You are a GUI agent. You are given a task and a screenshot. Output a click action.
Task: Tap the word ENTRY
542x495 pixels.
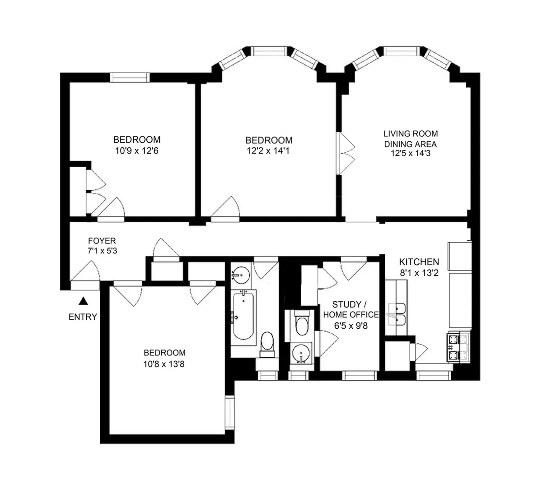coord(83,317)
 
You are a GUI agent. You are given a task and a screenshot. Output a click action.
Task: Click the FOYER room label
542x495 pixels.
coord(102,241)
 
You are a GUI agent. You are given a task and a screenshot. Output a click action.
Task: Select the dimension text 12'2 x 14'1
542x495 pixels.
coord(268,151)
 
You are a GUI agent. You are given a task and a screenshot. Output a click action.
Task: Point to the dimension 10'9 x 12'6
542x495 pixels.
coord(136,151)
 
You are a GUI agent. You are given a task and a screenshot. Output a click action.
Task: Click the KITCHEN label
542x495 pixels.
coord(419,262)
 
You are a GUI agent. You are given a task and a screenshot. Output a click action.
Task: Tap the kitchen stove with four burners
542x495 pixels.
coord(458,347)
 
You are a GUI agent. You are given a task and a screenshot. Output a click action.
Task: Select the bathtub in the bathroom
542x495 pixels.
coord(243,316)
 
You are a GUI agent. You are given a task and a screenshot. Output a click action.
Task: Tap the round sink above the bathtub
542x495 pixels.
coord(241,274)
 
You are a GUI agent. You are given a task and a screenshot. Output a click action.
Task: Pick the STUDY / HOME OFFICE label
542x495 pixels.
coord(350,309)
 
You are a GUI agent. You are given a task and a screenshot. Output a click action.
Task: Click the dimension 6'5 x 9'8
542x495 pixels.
coord(350,325)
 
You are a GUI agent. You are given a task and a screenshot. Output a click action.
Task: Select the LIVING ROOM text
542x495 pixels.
coord(410,134)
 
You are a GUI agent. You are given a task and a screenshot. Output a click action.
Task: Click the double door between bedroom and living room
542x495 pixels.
coord(347,153)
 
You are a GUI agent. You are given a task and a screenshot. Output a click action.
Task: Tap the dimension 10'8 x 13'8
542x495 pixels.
coord(164,363)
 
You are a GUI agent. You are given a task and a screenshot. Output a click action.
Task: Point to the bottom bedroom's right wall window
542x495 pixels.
coord(230,411)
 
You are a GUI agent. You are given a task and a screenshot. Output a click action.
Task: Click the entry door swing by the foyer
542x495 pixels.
coord(88,273)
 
